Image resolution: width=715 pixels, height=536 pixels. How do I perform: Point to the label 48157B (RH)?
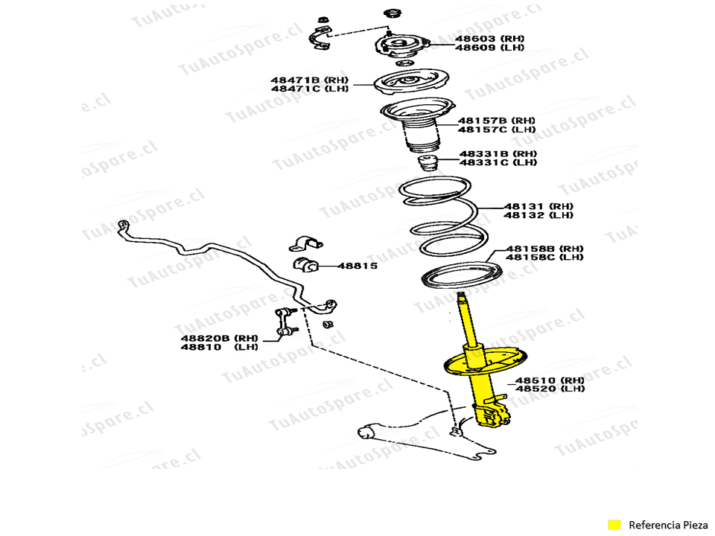[496, 120]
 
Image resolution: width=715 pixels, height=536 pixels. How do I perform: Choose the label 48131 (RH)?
[538, 205]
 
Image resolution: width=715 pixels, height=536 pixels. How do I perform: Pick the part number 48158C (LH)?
[544, 258]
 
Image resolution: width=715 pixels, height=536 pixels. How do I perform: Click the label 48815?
[357, 266]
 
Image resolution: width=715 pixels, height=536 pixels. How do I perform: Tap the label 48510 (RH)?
[550, 380]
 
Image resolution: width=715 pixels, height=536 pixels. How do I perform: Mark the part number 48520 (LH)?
[550, 389]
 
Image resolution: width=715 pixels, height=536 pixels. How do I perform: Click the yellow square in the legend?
[614, 524]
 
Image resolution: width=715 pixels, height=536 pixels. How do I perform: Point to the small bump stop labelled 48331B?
[427, 163]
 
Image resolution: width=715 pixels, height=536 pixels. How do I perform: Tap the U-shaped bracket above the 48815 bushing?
[306, 242]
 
